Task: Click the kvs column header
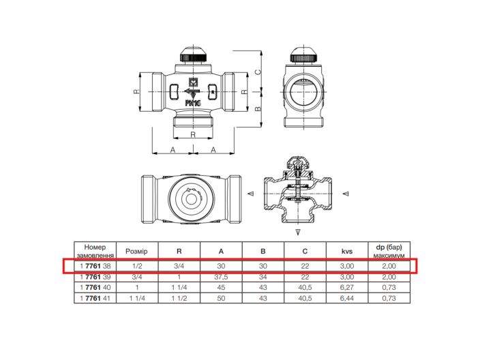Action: [x=347, y=252]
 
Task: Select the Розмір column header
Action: [x=136, y=252]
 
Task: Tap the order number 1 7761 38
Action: [x=95, y=266]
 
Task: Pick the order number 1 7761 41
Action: [x=95, y=298]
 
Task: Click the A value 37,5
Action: [x=221, y=277]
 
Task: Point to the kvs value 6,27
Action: [x=347, y=288]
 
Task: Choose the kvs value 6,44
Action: [x=347, y=298]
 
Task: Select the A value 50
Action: [x=221, y=298]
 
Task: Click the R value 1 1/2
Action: [x=179, y=298]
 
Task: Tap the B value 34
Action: [x=263, y=277]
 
